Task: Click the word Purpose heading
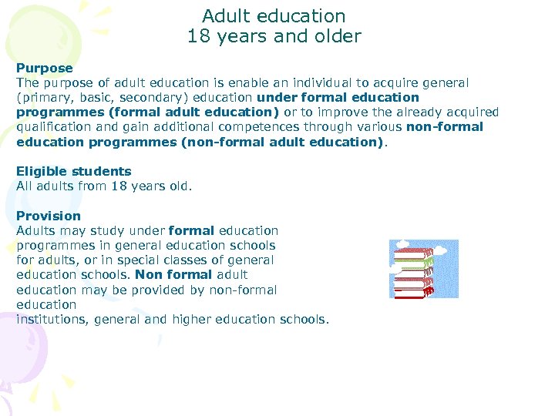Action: click(x=44, y=68)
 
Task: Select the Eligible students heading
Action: click(x=73, y=171)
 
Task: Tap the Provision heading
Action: click(x=49, y=216)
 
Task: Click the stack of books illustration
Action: click(x=423, y=269)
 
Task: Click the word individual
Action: click(x=311, y=82)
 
